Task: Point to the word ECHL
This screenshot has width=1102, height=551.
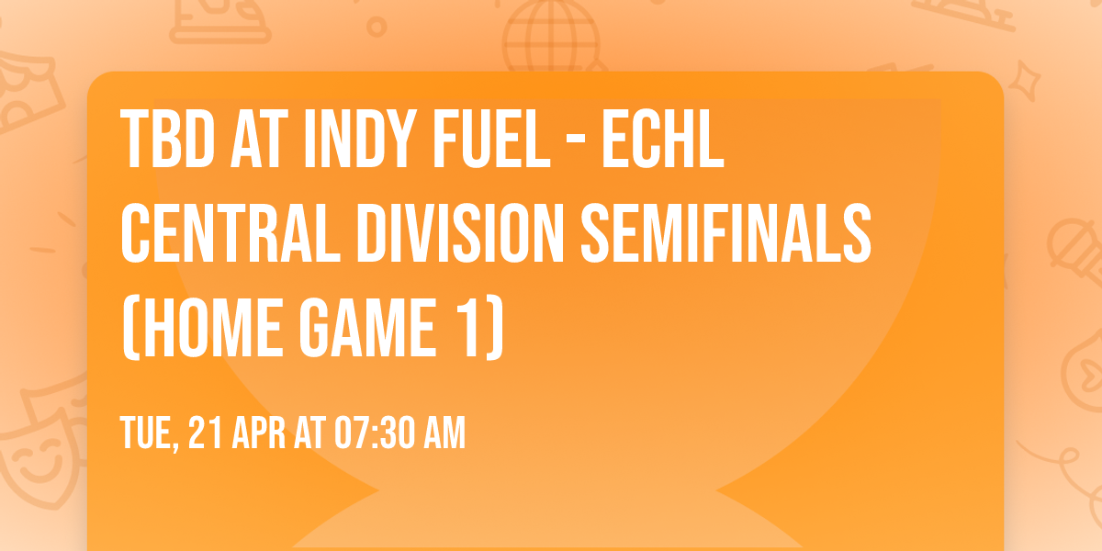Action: [x=662, y=140]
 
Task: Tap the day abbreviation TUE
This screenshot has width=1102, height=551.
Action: [x=147, y=433]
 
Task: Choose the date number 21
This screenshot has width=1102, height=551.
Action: [x=203, y=433]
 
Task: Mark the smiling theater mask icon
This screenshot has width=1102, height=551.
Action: [x=32, y=464]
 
